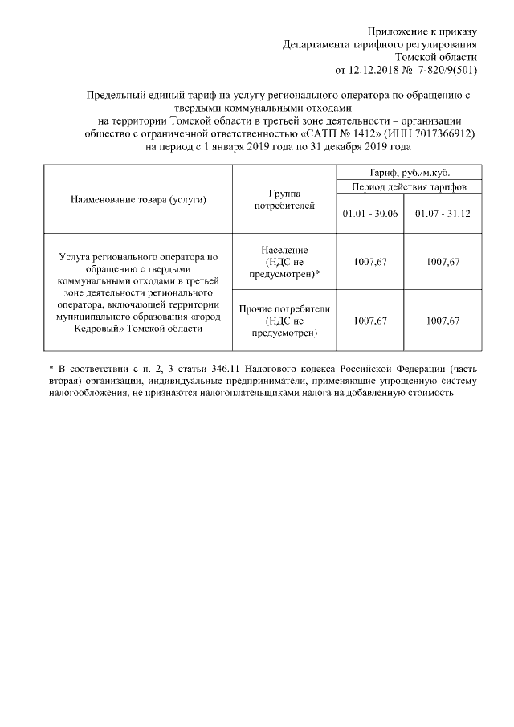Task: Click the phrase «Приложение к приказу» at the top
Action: tap(422, 31)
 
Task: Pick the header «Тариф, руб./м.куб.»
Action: tap(409, 173)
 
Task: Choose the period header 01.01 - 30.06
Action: tap(370, 213)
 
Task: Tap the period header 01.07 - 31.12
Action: tap(443, 213)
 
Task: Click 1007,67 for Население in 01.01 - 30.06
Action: tap(370, 261)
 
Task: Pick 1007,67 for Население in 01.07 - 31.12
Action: tap(443, 261)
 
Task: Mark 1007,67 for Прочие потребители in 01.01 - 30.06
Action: tap(370, 321)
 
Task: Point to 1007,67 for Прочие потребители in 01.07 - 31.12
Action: tap(443, 321)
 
